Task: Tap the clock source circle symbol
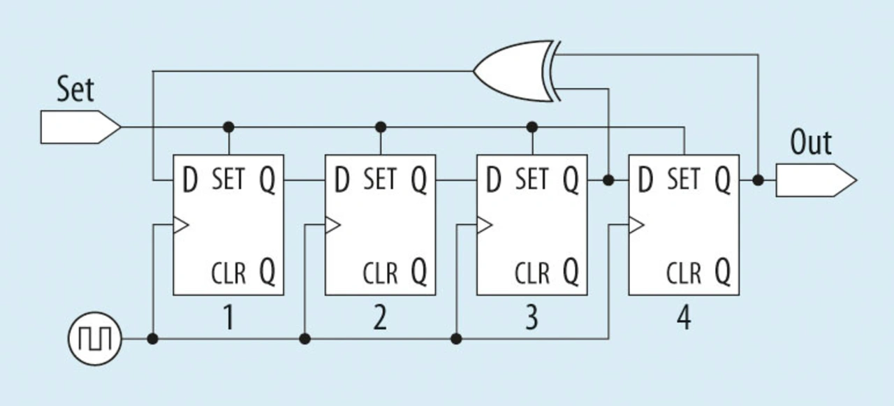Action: click(94, 340)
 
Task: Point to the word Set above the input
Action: click(75, 90)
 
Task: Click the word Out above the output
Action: click(811, 143)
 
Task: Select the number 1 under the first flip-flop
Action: click(228, 319)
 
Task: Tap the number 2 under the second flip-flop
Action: click(379, 319)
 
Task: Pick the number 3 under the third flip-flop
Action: click(532, 319)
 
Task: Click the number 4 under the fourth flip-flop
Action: click(683, 319)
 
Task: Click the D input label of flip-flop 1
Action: click(189, 181)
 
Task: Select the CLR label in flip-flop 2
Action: click(380, 273)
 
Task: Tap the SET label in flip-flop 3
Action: click(532, 180)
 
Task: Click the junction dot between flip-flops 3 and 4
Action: click(608, 180)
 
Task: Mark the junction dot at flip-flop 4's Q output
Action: click(759, 180)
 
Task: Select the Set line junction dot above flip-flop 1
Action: click(228, 127)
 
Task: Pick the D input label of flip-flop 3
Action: click(493, 181)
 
